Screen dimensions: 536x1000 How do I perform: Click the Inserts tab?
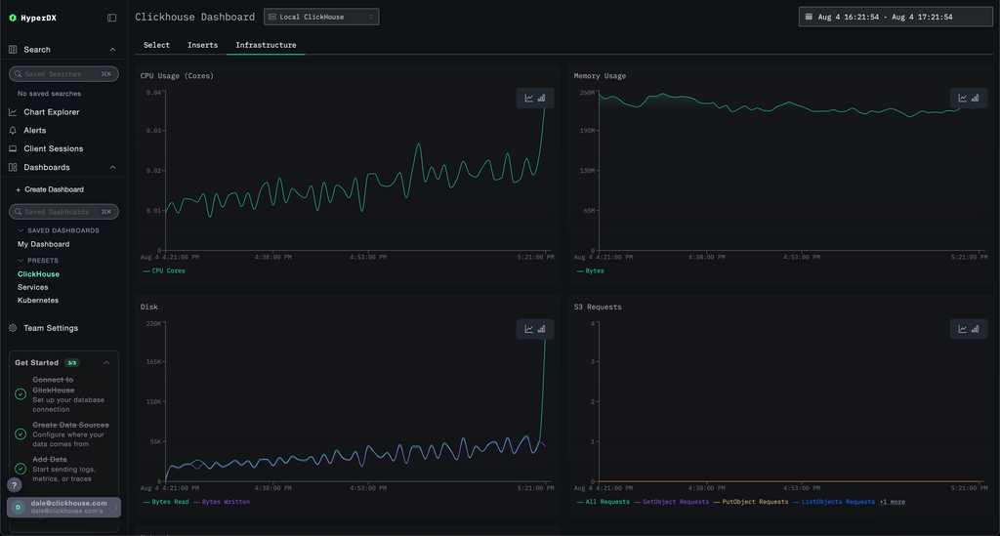pos(202,45)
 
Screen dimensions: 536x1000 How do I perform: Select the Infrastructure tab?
pos(266,45)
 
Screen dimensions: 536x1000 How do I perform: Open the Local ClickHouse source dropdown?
pos(321,17)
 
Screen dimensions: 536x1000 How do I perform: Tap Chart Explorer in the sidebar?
pos(51,112)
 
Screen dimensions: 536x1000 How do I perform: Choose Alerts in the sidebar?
pos(34,131)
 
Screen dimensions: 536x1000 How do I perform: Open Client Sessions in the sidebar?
pos(53,149)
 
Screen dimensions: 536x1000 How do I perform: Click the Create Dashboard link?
pos(54,189)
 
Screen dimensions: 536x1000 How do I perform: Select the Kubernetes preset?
pos(38,301)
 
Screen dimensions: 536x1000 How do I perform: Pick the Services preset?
pos(32,287)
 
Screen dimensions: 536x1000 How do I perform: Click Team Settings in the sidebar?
pos(50,328)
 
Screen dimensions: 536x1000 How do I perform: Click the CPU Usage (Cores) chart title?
pos(177,76)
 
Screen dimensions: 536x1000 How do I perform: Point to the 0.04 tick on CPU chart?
pos(154,93)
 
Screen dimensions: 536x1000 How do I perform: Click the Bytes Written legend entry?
pos(226,502)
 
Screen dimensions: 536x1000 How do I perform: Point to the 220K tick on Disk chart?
pos(152,323)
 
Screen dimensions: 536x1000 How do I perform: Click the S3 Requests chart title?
pos(598,308)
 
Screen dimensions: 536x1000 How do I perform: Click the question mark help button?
pos(15,485)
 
